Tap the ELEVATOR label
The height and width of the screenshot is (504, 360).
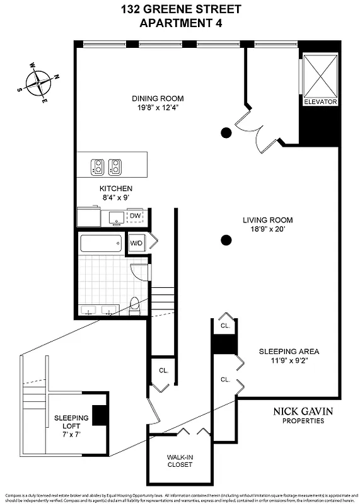point(320,102)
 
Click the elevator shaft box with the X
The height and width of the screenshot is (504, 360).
point(320,74)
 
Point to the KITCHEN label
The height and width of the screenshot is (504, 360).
point(116,188)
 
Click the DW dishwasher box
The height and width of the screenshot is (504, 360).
point(135,216)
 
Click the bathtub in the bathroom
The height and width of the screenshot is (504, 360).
point(101,244)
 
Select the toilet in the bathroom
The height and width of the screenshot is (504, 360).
point(134,306)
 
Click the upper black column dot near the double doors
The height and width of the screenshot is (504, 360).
point(225,132)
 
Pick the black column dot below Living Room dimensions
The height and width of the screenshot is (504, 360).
point(225,239)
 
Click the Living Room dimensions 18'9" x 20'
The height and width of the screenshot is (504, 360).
point(268,229)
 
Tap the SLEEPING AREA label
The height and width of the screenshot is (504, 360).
point(289,352)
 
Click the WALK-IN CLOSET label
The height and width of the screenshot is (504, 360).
point(179,461)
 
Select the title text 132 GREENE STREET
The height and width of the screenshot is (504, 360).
point(180,10)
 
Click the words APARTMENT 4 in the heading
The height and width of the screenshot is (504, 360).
point(180,23)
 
